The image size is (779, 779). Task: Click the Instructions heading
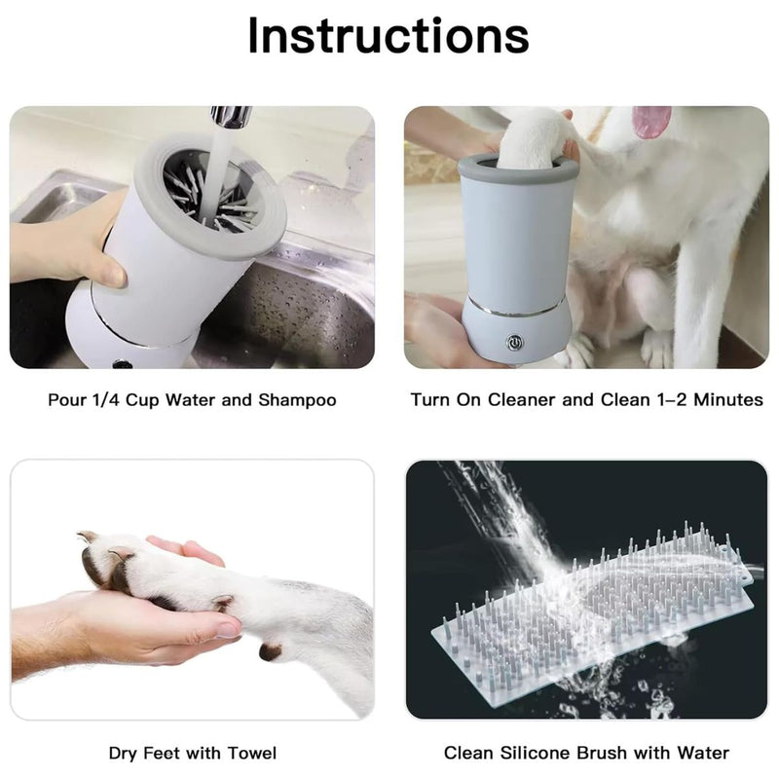[x=389, y=36]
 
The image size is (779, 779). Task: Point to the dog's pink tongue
[x=650, y=121]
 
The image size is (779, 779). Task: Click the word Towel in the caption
[x=251, y=753]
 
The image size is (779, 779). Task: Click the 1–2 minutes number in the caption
[x=676, y=400]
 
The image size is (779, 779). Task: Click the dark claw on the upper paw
[x=88, y=538]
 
